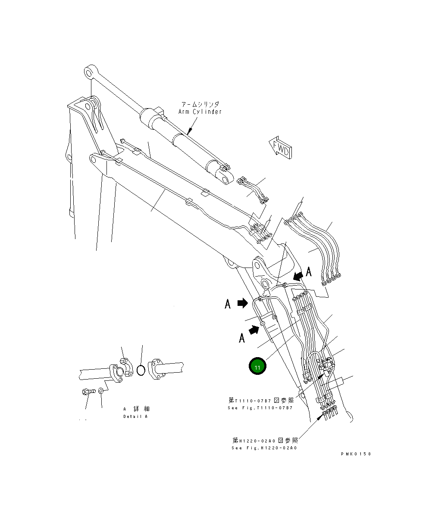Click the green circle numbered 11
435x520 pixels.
tap(257, 367)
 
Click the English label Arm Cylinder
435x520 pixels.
tap(200, 112)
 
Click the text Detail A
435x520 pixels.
tap(135, 417)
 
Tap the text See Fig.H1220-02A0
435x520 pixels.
tap(264, 448)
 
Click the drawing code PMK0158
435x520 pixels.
tap(355, 454)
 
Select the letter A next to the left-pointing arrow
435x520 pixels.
tap(309, 271)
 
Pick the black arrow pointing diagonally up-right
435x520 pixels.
tap(255, 330)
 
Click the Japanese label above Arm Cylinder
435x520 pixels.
tap(200, 104)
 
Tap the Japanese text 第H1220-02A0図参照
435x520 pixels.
tap(265, 440)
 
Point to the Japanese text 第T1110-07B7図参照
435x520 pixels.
tap(261, 401)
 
